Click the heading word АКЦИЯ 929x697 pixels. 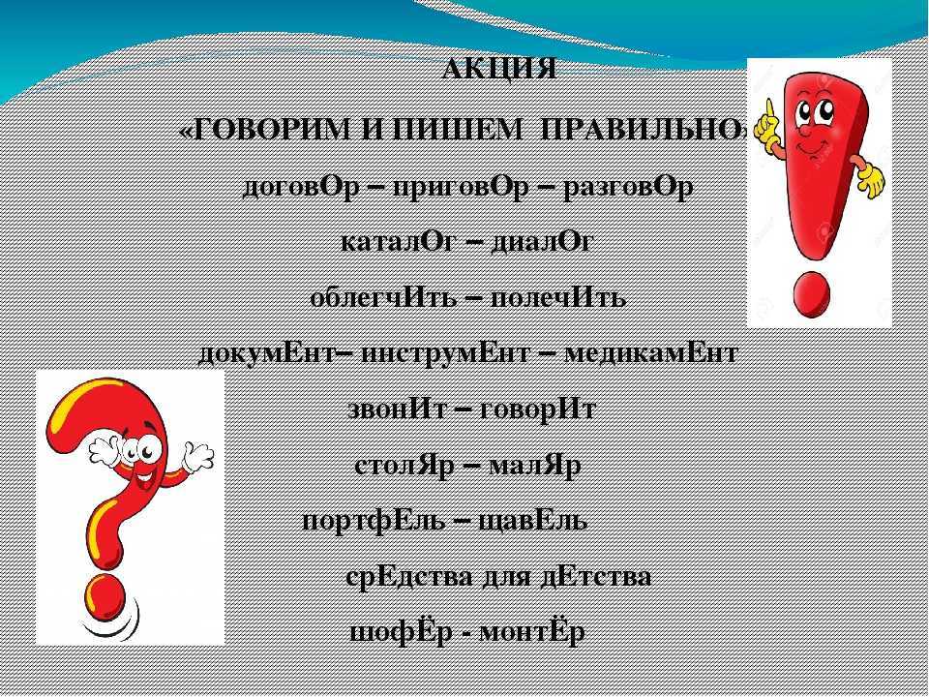[x=499, y=70]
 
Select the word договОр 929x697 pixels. [x=301, y=189]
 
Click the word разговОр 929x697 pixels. [x=628, y=189]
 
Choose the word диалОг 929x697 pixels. [x=542, y=242]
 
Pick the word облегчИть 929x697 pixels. [x=383, y=297]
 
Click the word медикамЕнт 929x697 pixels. [x=651, y=354]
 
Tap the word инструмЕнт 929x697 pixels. [x=445, y=354]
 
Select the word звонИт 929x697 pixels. [x=397, y=409]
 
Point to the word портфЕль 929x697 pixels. [x=374, y=521]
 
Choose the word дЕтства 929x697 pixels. [x=596, y=577]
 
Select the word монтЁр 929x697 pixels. [x=531, y=632]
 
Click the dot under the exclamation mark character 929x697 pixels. [x=812, y=294]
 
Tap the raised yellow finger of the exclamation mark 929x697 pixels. [x=769, y=110]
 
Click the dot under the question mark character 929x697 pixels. [x=105, y=596]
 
